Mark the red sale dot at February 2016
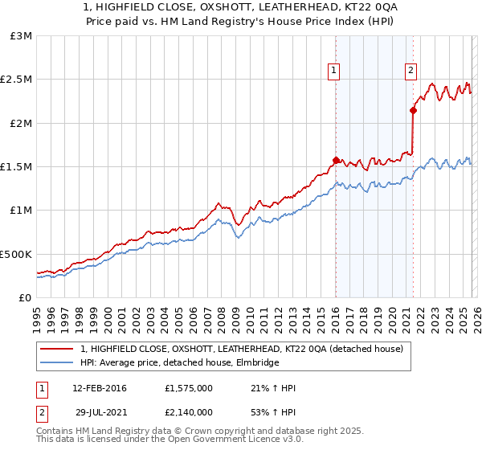(336, 160)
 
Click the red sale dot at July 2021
(413, 111)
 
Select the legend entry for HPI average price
(178, 363)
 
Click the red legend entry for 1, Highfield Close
(246, 349)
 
